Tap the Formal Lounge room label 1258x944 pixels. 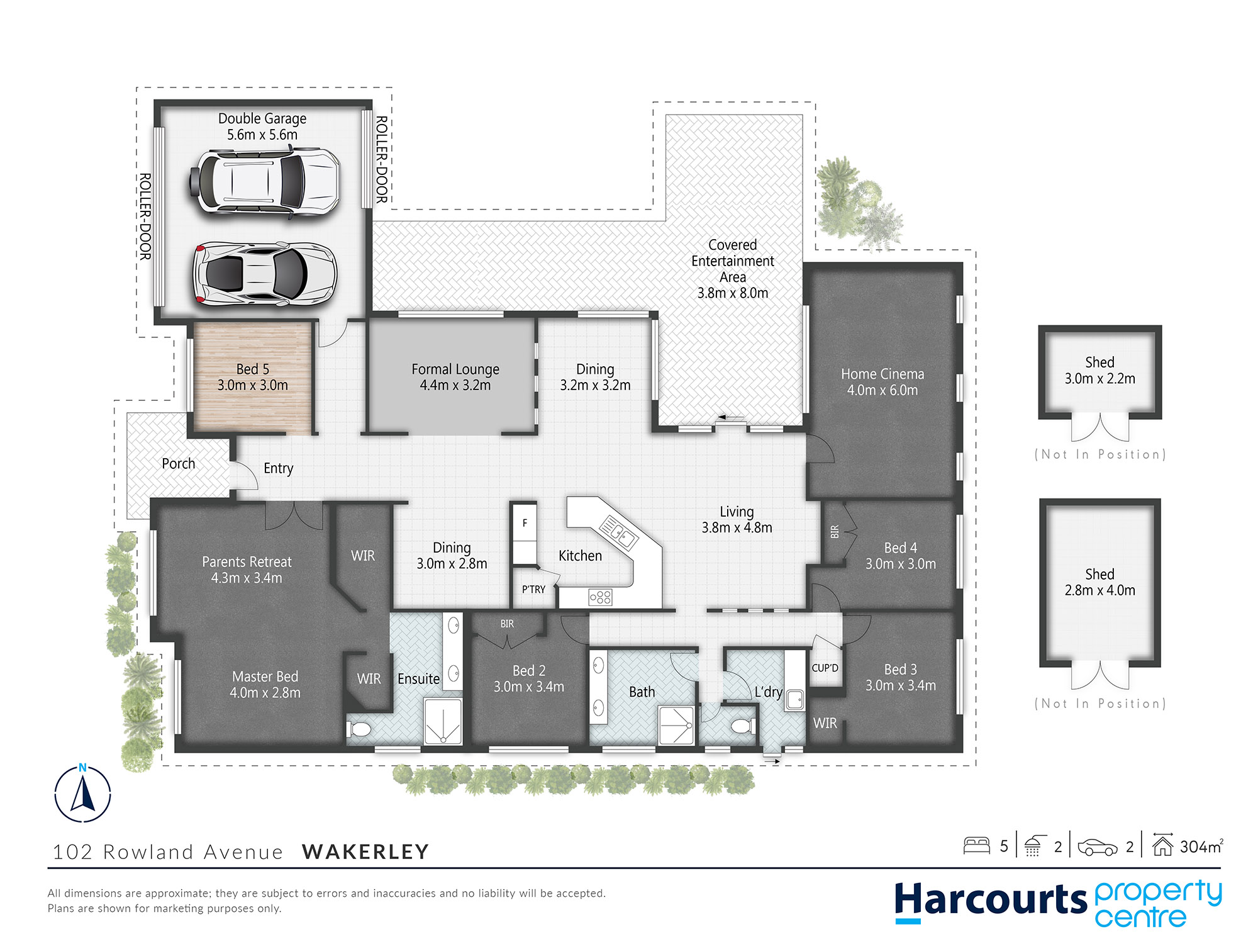(x=455, y=377)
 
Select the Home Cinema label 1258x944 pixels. (x=882, y=382)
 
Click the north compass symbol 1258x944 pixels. (x=82, y=794)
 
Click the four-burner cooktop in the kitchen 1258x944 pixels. (x=600, y=597)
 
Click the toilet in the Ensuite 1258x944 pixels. (x=360, y=730)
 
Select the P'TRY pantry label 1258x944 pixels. (x=533, y=590)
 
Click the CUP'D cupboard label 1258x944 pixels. (x=825, y=668)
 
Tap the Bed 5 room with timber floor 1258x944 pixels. (x=252, y=377)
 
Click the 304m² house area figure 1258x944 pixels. (x=1200, y=846)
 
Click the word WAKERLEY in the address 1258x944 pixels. (x=365, y=851)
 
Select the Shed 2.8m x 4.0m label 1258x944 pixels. (x=1099, y=582)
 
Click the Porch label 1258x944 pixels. (x=178, y=464)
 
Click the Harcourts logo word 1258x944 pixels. (x=990, y=900)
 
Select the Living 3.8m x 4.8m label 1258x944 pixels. (x=737, y=520)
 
